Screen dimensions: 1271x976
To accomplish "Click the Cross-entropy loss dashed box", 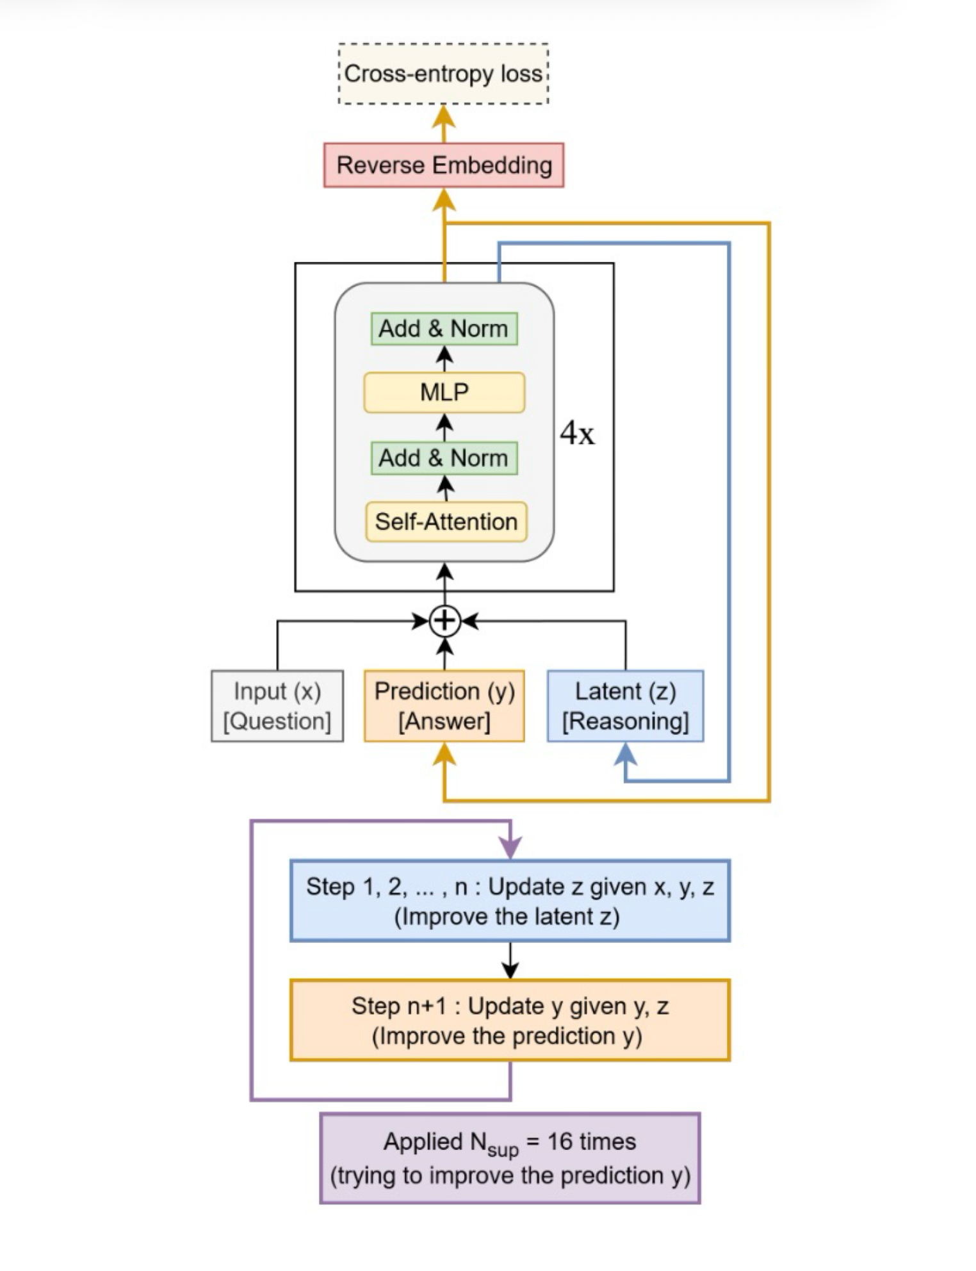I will pos(443,74).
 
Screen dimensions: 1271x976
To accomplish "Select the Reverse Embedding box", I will pos(443,165).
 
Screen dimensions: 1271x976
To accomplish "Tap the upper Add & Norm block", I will pos(444,329).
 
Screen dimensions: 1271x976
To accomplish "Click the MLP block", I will pos(444,391).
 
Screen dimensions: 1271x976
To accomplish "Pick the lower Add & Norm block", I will pos(444,458).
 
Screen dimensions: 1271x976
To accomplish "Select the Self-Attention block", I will pos(446,521).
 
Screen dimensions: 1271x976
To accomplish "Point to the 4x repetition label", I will pos(577,434).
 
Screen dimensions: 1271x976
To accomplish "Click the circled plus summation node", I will pos(444,621).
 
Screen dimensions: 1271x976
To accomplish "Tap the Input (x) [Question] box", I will pos(277,706).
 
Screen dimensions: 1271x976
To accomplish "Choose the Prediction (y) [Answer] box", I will pos(444,706).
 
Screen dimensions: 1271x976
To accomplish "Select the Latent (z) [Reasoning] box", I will pos(625,706).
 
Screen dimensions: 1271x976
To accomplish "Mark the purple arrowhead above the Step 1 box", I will pos(510,848).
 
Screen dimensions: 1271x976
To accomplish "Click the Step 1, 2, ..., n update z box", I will pos(510,901).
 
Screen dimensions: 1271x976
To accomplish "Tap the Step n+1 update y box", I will pos(510,1020).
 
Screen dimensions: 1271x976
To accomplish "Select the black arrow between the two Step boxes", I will pos(510,960).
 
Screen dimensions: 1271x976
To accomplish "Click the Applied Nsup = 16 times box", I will pos(510,1158).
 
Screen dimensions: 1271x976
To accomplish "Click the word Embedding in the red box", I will pos(492,165).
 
